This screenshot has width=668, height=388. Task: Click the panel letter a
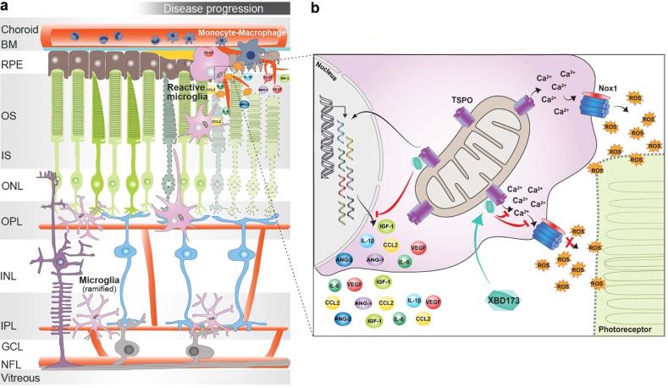pyautogui.click(x=6, y=8)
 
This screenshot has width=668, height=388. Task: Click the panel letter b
pyautogui.click(x=315, y=8)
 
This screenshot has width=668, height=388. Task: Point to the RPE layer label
pyautogui.click(x=14, y=63)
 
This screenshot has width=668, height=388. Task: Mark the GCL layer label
pyautogui.click(x=14, y=346)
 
